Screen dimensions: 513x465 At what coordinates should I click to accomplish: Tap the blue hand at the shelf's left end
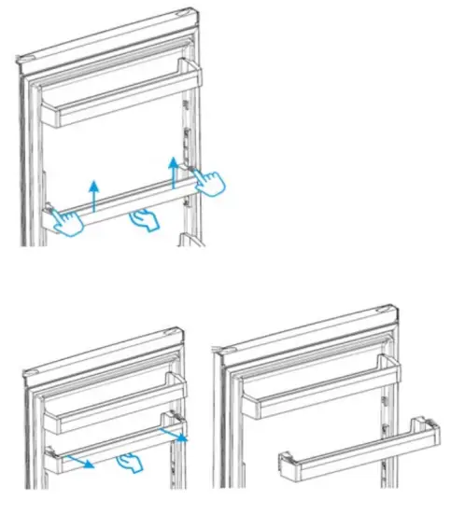pyautogui.click(x=67, y=222)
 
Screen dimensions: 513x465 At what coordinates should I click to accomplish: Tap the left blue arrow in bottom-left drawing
pyautogui.click(x=79, y=460)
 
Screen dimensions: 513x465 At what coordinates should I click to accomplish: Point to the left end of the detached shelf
pyautogui.click(x=284, y=464)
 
